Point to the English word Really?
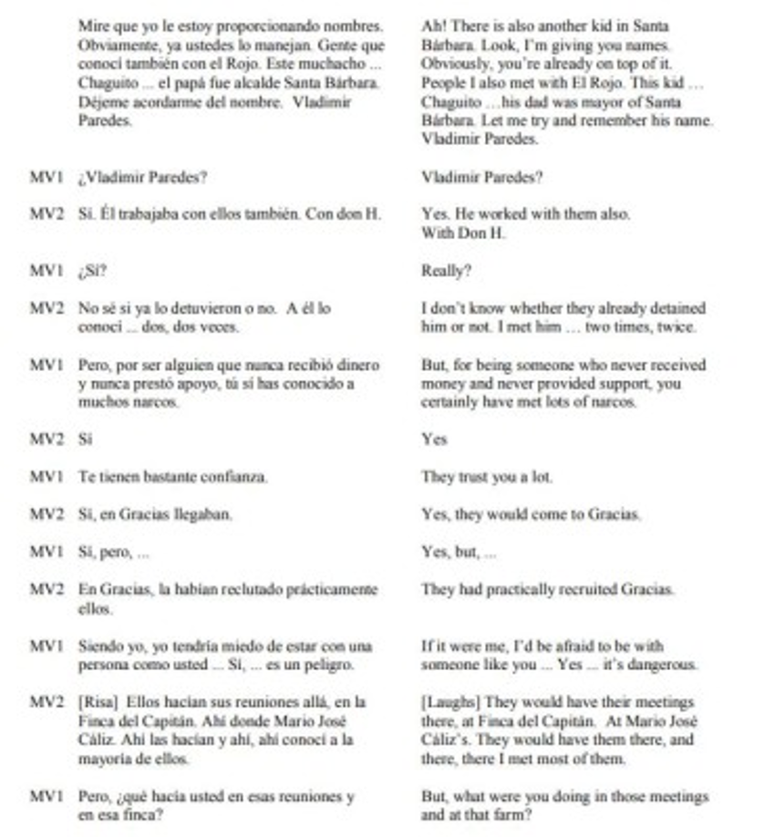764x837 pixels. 447,271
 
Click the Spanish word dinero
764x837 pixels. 356,365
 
